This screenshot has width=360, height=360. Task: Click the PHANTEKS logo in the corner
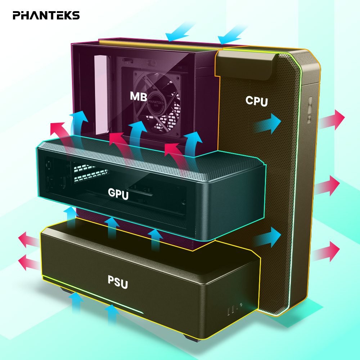46,15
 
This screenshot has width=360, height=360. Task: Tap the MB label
139,96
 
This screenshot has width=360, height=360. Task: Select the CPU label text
257,101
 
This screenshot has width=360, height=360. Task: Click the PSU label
118,282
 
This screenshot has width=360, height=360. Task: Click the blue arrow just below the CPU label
268,123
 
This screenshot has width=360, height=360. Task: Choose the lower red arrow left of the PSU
29,262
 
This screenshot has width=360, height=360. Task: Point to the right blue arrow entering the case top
232,35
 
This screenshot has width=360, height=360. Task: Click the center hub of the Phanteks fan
156,102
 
